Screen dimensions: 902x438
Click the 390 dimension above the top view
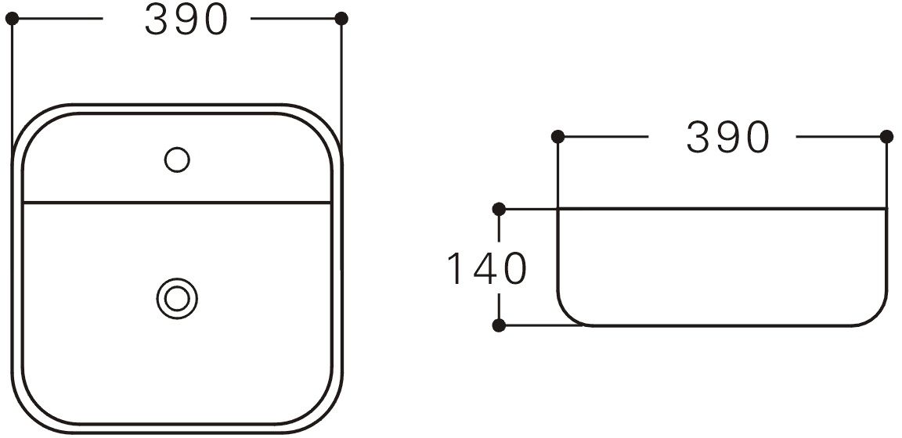click(x=186, y=19)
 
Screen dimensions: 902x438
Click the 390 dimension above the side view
click(x=727, y=138)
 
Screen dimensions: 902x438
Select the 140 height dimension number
click(x=487, y=268)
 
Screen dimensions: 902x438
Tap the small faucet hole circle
click(x=177, y=160)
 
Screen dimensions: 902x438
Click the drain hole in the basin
click(x=177, y=298)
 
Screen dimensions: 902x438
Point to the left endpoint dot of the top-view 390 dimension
click(x=12, y=19)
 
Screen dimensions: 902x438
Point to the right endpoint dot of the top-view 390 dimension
click(x=341, y=19)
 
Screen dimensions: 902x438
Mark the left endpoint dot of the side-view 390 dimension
click(x=557, y=137)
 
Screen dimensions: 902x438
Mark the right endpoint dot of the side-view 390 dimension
click(x=886, y=137)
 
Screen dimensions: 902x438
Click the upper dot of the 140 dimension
click(x=499, y=210)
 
